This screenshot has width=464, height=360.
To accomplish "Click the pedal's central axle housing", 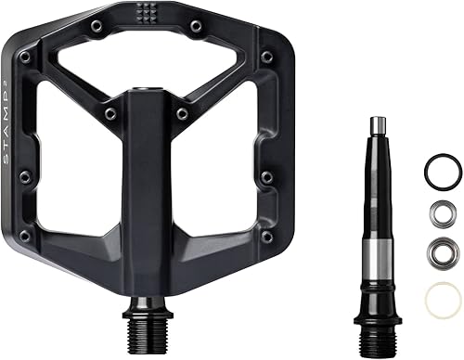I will [148, 186].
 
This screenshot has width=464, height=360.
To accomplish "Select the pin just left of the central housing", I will [111, 113].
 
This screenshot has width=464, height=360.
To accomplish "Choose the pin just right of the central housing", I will [183, 113].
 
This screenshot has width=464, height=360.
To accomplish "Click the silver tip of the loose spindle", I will [377, 126].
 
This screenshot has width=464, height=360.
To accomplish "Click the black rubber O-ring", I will [443, 171].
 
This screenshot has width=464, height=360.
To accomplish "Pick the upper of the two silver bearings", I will [442, 213].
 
